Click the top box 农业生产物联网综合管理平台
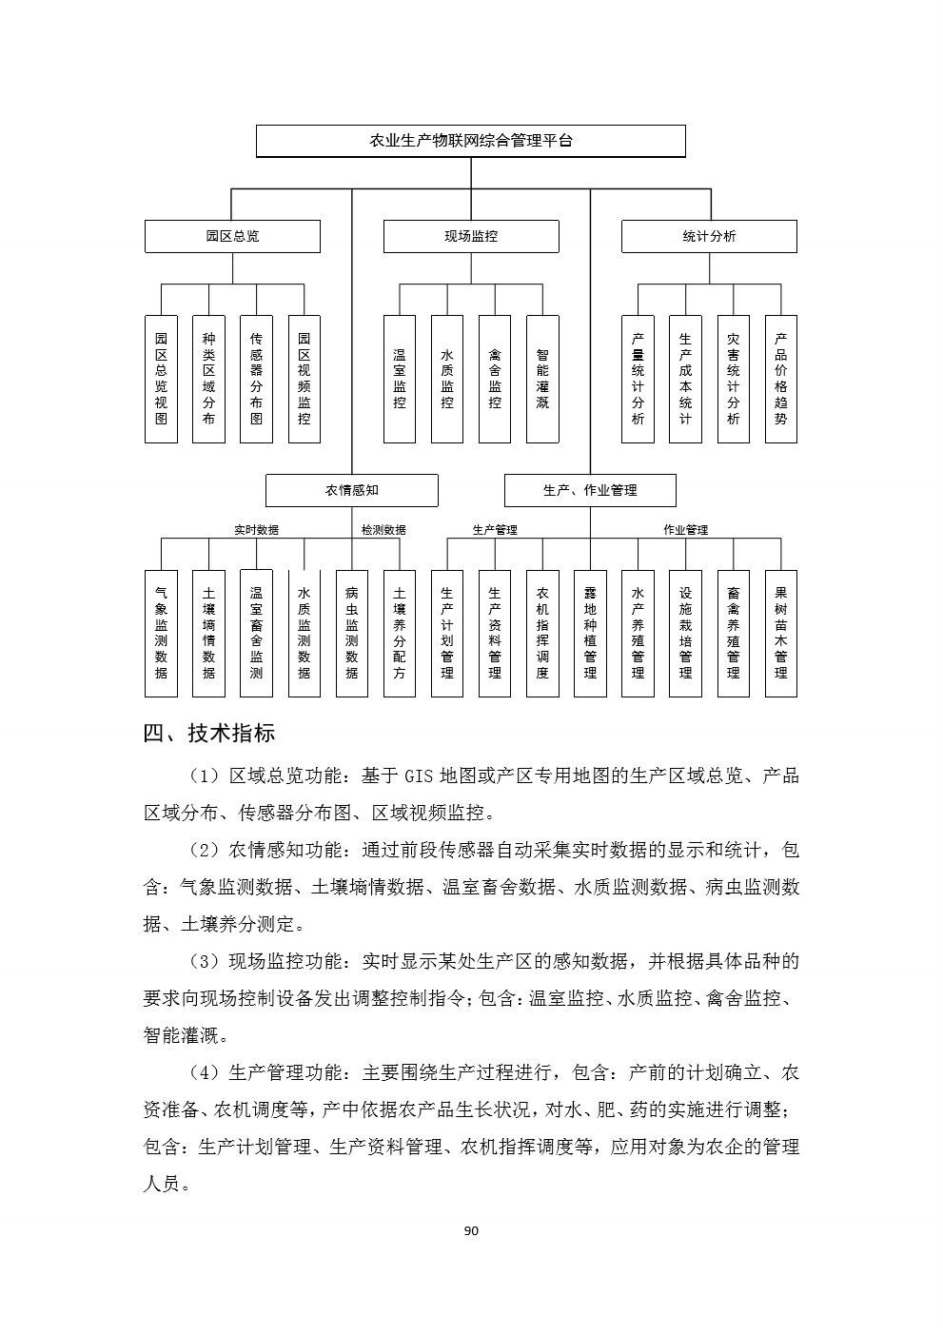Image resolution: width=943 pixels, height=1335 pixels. [471, 141]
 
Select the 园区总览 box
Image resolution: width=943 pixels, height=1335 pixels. [232, 237]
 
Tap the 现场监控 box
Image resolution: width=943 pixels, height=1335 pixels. [471, 237]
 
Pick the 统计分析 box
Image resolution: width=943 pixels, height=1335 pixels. [709, 237]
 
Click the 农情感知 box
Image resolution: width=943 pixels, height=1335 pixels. [352, 490]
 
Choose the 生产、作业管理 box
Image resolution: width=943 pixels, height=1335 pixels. [590, 490]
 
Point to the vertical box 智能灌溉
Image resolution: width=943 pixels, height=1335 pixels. [542, 379]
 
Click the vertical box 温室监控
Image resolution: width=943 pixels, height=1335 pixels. [400, 379]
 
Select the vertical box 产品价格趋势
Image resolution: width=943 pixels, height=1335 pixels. [781, 379]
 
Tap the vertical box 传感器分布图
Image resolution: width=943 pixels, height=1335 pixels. [256, 379]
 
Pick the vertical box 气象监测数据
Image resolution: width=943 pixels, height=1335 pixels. [161, 634]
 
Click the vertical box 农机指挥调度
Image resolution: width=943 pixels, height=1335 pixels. [542, 634]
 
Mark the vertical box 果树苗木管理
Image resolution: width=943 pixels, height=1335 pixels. [781, 634]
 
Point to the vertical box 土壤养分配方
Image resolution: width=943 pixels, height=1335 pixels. [400, 634]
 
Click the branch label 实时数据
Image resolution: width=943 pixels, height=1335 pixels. [256, 530]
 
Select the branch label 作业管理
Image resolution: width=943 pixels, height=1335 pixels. [685, 530]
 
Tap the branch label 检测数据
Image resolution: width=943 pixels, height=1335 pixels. [383, 530]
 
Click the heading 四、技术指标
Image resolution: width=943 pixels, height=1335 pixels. [209, 733]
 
